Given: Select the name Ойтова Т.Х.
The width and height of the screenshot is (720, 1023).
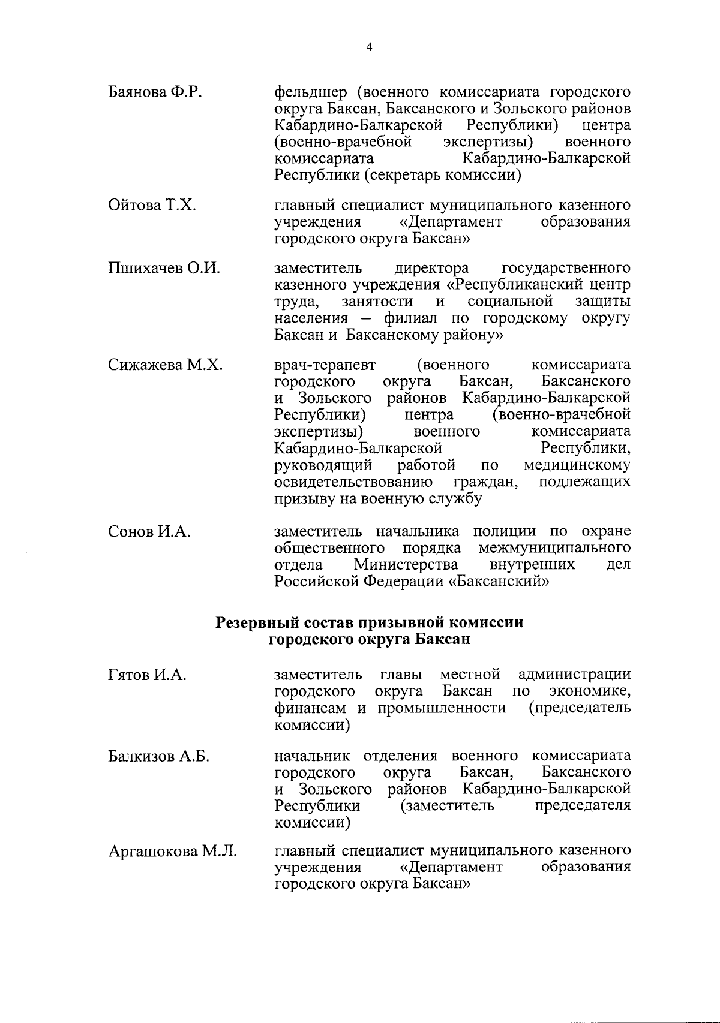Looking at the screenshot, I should [x=152, y=206].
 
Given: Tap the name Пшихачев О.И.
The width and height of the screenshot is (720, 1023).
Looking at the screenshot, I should [x=163, y=268].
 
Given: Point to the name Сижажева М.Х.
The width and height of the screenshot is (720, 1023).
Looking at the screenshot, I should [x=165, y=365].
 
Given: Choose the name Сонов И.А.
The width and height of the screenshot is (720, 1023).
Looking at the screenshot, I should [x=149, y=531].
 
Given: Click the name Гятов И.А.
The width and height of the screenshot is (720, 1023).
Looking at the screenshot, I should [x=147, y=675].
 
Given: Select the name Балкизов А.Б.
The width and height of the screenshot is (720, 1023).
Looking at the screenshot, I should [x=158, y=756].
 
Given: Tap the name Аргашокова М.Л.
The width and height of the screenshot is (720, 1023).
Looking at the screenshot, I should [x=172, y=852].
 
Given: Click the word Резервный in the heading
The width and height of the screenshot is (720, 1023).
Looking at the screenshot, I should [x=258, y=622].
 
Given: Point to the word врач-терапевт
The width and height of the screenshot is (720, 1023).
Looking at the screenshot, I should [x=325, y=365].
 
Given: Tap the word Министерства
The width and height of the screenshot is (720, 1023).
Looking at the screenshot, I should [x=406, y=565].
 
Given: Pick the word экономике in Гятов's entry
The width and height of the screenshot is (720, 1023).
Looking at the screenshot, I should [x=589, y=691].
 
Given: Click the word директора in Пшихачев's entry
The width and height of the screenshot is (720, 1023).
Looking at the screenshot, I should [x=431, y=268].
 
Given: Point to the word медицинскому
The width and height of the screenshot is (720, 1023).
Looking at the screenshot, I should [x=577, y=465].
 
